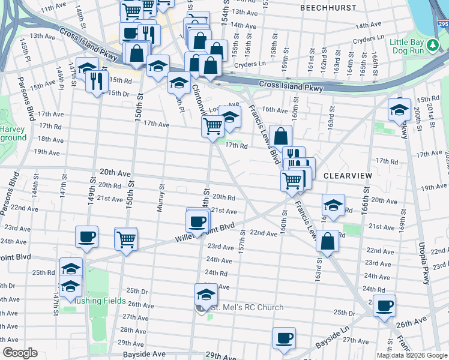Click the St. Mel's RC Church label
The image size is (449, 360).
tap(246, 308)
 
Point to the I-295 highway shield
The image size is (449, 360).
tap(442, 23)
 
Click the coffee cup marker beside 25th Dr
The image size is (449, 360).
tap(384, 306)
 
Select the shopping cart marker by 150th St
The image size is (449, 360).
tap(126, 239)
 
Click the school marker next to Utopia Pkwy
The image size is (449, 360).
tap(399, 110)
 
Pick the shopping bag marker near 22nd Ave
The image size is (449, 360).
tap(327, 242)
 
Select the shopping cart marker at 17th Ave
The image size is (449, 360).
tap(213, 127)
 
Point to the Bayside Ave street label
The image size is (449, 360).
tap(143, 355)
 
